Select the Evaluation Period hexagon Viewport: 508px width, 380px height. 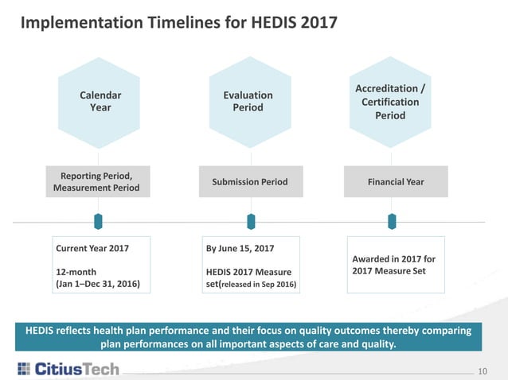pos(248,102)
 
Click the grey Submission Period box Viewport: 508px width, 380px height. pos(250,182)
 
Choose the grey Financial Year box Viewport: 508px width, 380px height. pos(396,182)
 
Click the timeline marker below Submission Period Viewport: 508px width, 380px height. pos(250,220)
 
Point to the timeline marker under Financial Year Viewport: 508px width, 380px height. pos(391,220)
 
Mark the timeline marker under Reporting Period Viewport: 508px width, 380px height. pos(99,220)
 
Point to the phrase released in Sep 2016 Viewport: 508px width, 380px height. pos(260,283)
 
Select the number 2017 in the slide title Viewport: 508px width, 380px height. pos(316,21)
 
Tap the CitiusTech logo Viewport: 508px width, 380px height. pos(68,368)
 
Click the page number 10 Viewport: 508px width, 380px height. pos(482,370)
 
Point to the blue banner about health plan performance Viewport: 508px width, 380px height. pos(254,336)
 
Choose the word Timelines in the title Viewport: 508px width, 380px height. pos(169,21)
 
